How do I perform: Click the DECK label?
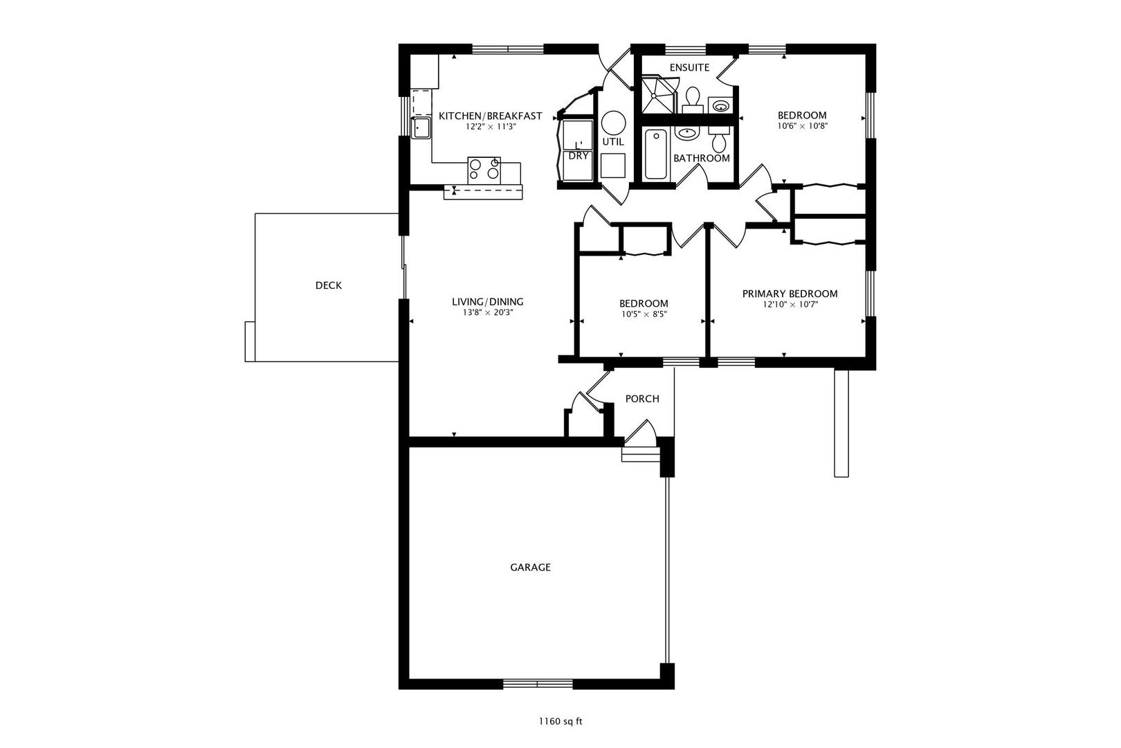[328, 285]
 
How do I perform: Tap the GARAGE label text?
[530, 567]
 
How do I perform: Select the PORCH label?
[642, 399]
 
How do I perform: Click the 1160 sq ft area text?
[560, 722]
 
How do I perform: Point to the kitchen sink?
[421, 127]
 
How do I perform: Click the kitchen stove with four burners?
[484, 170]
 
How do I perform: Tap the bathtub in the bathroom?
[655, 154]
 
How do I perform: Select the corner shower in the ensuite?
[657, 95]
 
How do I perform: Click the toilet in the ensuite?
[693, 100]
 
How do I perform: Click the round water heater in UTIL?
[613, 123]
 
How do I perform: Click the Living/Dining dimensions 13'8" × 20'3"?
[488, 312]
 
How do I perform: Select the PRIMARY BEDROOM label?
[790, 294]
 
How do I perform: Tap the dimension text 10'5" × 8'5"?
[644, 314]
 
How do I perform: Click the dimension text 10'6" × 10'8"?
[802, 126]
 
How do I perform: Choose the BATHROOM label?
[702, 159]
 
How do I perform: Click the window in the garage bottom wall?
[538, 684]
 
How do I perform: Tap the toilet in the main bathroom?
[719, 139]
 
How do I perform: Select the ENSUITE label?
[690, 68]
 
